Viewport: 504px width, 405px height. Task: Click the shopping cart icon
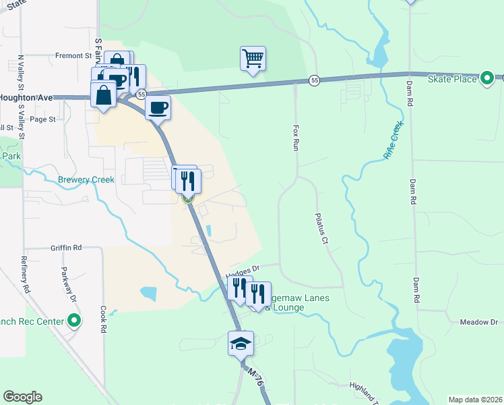tap(253, 59)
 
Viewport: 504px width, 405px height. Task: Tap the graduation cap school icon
tap(241, 344)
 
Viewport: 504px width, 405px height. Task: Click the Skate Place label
tap(452, 79)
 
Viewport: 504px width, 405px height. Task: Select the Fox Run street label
tap(294, 137)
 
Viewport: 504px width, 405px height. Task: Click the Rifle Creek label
tap(393, 140)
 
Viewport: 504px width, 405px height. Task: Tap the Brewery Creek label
tap(86, 180)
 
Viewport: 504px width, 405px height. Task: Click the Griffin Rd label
tap(65, 248)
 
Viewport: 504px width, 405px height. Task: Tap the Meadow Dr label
tap(478, 323)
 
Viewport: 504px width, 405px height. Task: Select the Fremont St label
tap(73, 55)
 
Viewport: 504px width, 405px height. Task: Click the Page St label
tap(42, 119)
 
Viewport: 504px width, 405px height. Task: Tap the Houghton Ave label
tap(26, 98)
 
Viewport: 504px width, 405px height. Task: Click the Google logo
tap(23, 397)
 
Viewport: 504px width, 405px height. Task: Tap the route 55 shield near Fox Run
tap(315, 81)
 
